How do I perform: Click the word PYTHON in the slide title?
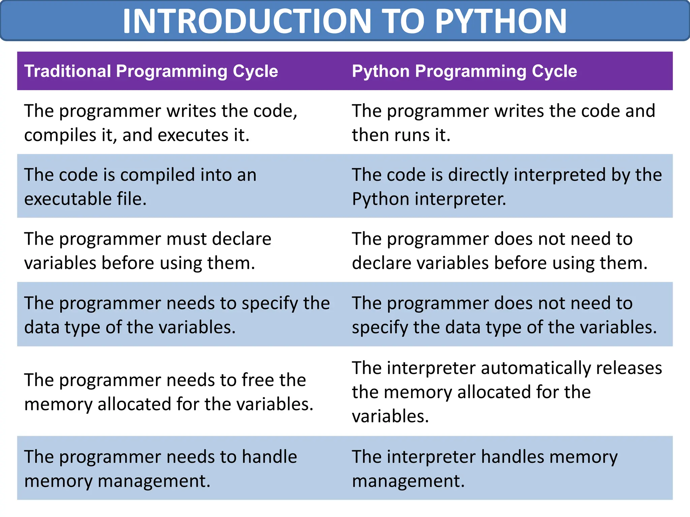[501, 21]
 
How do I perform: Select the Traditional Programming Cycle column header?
[151, 71]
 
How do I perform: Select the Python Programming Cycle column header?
[464, 71]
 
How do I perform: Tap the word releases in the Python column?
[629, 368]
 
